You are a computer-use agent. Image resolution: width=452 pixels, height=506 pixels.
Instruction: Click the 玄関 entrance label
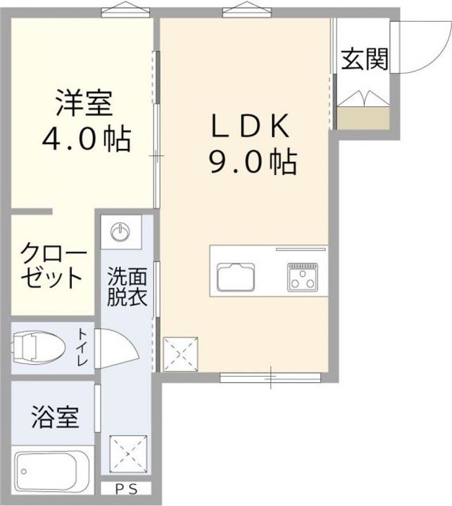point(365,59)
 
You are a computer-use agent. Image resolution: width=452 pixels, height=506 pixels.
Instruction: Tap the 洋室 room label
point(84,103)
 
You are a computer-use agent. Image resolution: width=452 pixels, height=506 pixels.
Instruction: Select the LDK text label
point(250,126)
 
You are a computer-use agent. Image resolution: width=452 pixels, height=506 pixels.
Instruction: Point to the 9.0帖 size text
point(253,162)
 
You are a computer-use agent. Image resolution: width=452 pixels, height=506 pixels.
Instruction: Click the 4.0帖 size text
point(87,139)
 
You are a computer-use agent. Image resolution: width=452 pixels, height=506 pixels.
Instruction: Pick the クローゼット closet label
point(53,265)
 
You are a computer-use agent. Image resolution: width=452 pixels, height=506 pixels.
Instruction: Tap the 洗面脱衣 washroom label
point(127,286)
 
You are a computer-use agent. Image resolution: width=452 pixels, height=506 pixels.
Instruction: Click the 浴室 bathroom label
point(56,417)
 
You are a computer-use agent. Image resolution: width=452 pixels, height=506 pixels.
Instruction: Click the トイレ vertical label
point(82,347)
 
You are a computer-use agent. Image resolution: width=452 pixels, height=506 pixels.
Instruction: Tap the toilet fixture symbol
point(38,348)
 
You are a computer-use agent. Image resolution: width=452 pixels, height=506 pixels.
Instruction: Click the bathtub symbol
point(52,472)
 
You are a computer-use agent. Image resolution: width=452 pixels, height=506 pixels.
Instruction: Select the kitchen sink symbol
point(236,277)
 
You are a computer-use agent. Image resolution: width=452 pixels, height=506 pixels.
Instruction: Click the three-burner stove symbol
point(303,276)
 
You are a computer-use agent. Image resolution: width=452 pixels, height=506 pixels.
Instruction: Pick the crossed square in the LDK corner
point(180,354)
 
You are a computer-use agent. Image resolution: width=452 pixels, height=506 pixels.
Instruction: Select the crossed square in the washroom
point(128,454)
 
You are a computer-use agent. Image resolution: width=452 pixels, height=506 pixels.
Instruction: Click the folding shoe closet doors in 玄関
point(363,98)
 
